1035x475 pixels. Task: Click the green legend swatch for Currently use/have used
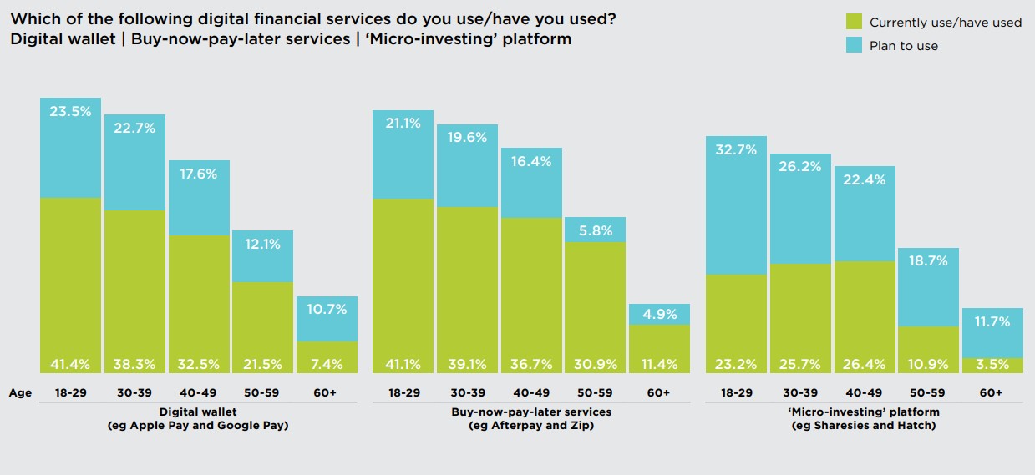[x=853, y=22]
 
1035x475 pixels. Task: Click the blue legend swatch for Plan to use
[x=853, y=45]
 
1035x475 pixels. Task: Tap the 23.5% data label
[x=70, y=111]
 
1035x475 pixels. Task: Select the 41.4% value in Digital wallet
[x=70, y=364]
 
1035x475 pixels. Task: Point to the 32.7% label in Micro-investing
[x=736, y=150]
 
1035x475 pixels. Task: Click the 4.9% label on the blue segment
[x=659, y=314]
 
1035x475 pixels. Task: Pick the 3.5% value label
[x=992, y=364]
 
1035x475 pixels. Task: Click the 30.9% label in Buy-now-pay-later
[x=595, y=364]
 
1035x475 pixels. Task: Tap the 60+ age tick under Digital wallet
[x=327, y=392]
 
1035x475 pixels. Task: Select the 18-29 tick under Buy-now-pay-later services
[x=403, y=392]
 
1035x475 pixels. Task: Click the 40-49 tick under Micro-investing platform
[x=864, y=392]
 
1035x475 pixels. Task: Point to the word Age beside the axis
[x=20, y=392]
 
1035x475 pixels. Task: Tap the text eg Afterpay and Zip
[x=530, y=427]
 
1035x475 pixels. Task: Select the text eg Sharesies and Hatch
[x=864, y=427]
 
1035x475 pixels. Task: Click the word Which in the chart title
[x=33, y=18]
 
